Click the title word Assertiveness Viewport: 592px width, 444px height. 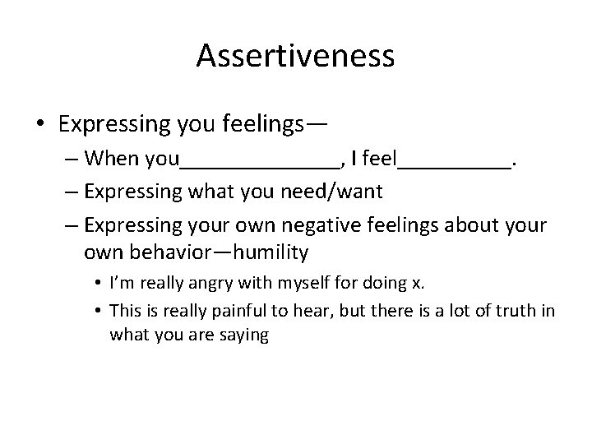[296, 57]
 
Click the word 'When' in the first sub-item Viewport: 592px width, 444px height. [111, 157]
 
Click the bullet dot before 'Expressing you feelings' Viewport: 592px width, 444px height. [41, 125]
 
